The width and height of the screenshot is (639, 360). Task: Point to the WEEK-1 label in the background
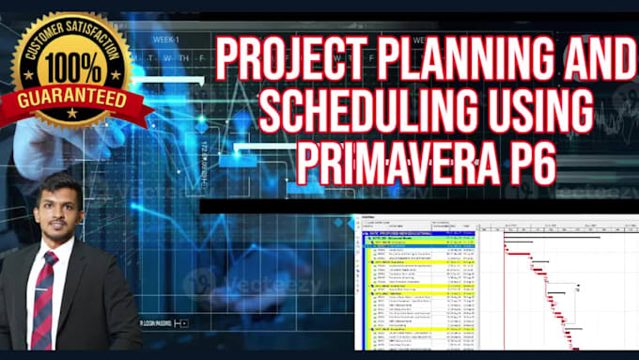coord(165,39)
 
